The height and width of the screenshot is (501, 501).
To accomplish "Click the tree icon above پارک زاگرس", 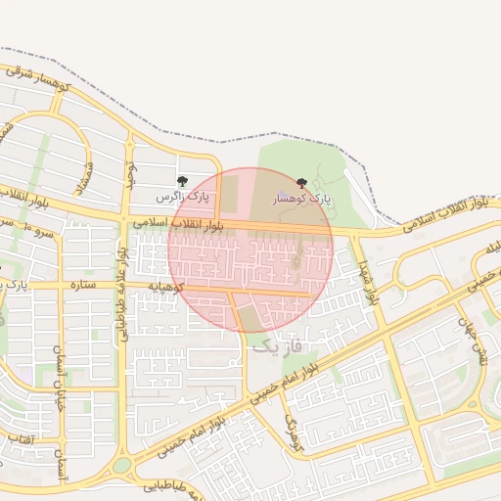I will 182,181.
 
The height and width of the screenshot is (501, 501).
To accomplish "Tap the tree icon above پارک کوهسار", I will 300,182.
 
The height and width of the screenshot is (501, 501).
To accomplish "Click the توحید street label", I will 127,171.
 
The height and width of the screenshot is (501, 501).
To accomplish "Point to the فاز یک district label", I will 280,344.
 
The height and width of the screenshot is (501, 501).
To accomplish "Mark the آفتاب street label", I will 21,440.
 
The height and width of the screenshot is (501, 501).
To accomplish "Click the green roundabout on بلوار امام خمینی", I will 121,466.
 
